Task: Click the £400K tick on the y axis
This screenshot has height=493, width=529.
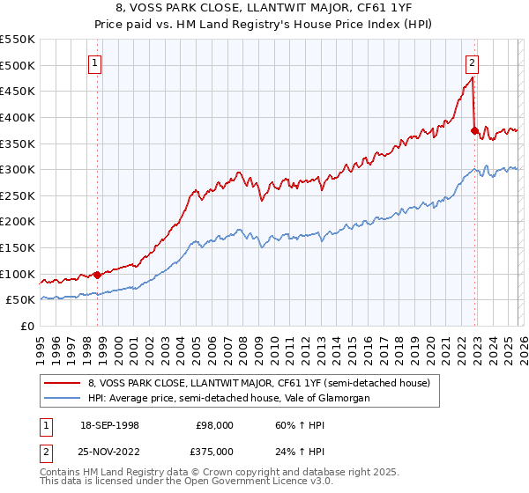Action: [18, 117]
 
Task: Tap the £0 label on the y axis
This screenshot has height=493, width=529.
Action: [28, 326]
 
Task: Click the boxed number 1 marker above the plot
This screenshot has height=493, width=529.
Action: [94, 63]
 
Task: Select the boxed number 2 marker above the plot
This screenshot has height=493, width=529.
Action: [473, 63]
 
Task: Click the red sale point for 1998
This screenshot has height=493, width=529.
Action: [97, 274]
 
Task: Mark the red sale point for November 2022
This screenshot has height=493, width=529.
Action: [474, 130]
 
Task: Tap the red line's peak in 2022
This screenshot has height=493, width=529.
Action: [473, 78]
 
